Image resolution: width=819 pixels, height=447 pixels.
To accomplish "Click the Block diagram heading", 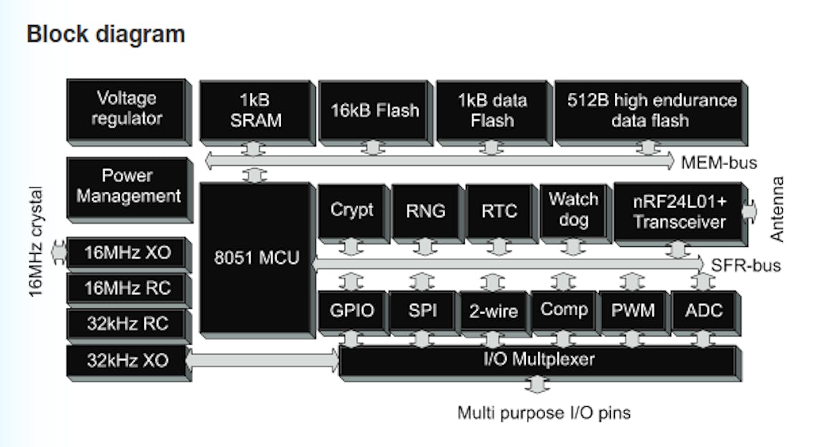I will [x=106, y=33].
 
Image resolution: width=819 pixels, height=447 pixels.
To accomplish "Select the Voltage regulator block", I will [x=126, y=109].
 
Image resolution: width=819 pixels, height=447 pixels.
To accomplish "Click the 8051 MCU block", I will [x=255, y=259].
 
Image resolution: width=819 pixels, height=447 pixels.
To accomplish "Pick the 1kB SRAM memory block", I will [x=256, y=111].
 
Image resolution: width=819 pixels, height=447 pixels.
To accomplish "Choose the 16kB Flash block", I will [x=375, y=111].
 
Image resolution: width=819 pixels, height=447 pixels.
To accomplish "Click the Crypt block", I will [x=351, y=210].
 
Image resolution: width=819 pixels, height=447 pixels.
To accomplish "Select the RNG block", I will [x=425, y=210].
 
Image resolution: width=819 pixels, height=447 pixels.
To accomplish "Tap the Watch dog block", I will [x=573, y=210].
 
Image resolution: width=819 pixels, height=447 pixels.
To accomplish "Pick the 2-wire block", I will [x=493, y=312].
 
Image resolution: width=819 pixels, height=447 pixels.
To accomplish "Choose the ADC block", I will [x=704, y=311].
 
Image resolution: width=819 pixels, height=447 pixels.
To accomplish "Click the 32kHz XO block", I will [x=127, y=360].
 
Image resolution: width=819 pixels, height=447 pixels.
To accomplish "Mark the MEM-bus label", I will [x=719, y=162].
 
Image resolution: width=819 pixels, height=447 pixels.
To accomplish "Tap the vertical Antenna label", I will [x=777, y=209].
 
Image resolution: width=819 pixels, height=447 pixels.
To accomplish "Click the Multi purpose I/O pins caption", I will [x=543, y=413].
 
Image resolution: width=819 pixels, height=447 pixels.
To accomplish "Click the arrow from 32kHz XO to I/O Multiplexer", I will [x=263, y=360].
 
